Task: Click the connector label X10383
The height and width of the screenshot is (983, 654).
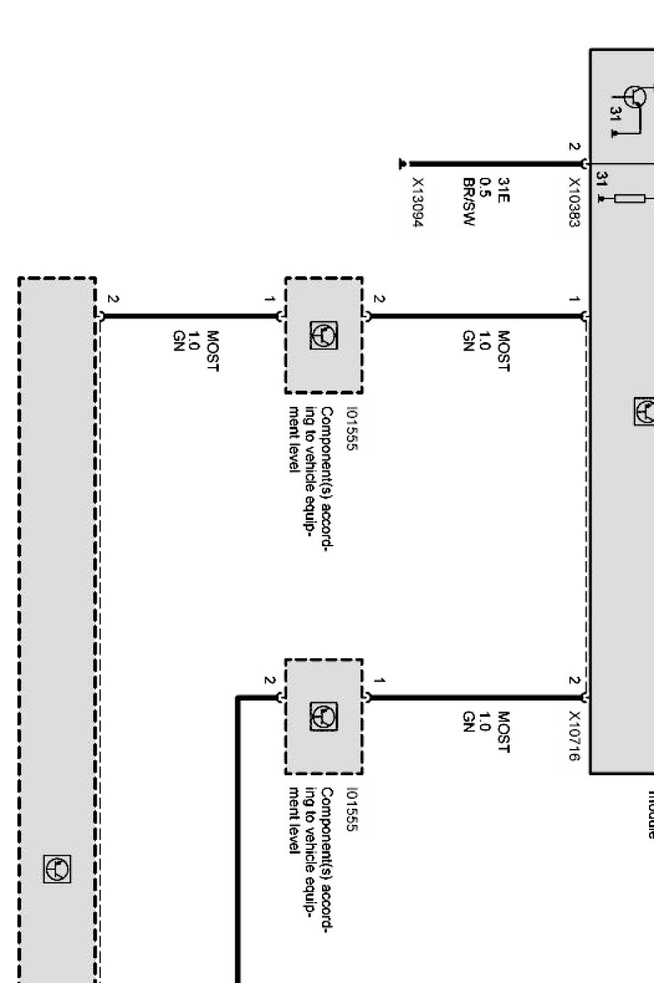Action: click(574, 203)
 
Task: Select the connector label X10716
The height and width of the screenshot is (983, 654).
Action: click(574, 736)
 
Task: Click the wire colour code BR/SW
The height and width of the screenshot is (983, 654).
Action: click(468, 202)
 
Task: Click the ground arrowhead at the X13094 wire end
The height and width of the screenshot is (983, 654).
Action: click(403, 164)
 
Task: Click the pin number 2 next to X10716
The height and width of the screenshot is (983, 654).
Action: click(574, 681)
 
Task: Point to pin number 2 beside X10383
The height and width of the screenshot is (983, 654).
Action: click(574, 147)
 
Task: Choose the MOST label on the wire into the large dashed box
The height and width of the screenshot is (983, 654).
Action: click(212, 351)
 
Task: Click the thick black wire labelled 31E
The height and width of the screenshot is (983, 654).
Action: click(498, 164)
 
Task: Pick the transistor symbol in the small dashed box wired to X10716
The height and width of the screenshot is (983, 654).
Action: click(324, 717)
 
